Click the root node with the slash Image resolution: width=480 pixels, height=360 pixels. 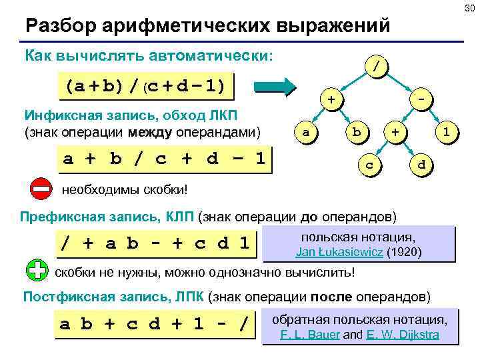[x=377, y=67]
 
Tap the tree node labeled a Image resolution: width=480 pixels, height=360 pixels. [x=305, y=132]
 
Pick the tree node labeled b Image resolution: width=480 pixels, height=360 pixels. [x=357, y=132]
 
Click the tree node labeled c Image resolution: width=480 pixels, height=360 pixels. [x=369, y=163]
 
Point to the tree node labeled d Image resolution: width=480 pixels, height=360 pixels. [x=420, y=163]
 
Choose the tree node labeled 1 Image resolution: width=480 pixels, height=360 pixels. [x=448, y=132]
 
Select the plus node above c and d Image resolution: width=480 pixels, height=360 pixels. [x=396, y=132]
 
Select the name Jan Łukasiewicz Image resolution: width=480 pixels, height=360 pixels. [x=339, y=253]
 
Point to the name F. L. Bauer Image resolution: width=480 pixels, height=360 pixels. [x=311, y=335]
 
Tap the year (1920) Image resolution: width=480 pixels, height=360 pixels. [x=403, y=253]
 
